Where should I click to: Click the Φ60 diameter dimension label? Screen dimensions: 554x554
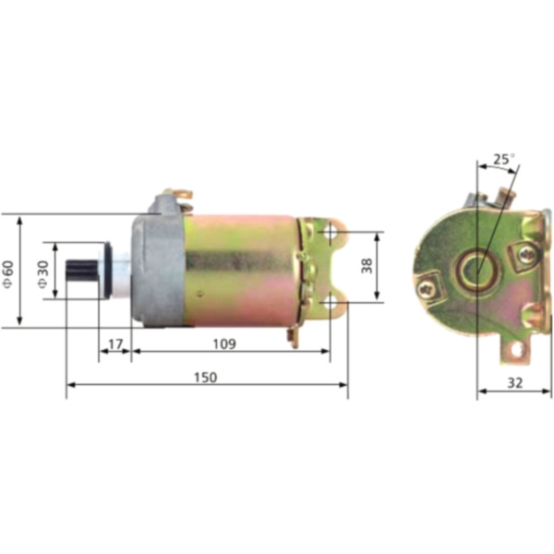(x=8, y=271)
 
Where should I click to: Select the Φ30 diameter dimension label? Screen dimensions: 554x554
(x=42, y=271)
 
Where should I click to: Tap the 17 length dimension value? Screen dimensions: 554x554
(x=115, y=344)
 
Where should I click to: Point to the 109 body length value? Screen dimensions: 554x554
(x=224, y=344)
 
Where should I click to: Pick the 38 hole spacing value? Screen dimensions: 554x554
(x=367, y=266)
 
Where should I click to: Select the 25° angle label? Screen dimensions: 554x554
(x=502, y=160)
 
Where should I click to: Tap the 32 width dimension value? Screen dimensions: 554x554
(x=514, y=381)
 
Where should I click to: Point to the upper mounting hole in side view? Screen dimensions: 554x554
(x=331, y=235)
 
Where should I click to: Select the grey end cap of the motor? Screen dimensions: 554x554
(x=157, y=268)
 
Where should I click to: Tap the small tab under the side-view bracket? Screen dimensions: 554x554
(x=294, y=337)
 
